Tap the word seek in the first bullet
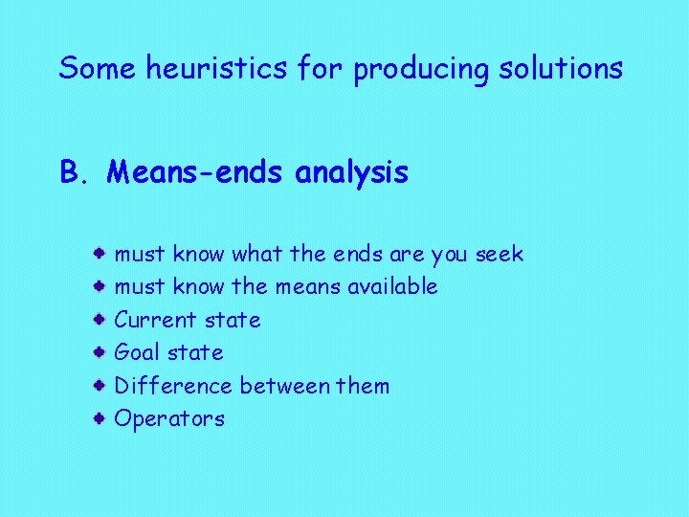click(500, 254)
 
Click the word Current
click(154, 320)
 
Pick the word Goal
click(137, 352)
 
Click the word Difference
click(173, 386)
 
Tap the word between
click(278, 386)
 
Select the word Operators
click(169, 419)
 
